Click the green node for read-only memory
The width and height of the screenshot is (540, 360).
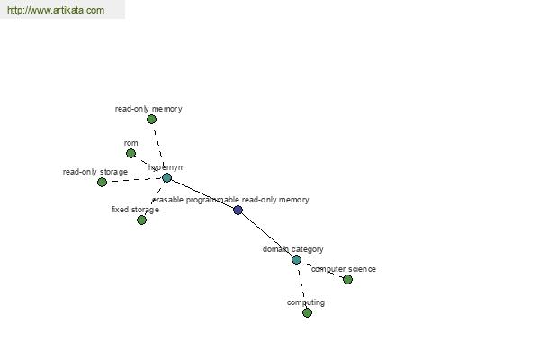151,119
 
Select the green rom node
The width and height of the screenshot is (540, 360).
130,153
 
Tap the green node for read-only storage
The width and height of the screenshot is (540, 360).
102,182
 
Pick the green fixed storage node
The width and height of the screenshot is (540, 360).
141,220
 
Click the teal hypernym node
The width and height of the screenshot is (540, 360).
167,178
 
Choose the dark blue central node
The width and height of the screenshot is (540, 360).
238,210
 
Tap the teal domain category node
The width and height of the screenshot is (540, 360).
296,259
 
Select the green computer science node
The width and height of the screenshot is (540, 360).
347,279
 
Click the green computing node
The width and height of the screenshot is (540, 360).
307,312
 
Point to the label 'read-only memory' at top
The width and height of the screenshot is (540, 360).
148,109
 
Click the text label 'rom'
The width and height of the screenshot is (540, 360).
130,143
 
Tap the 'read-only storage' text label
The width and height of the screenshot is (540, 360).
95,172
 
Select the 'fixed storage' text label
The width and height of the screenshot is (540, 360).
135,210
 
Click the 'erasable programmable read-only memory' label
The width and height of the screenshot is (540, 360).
230,200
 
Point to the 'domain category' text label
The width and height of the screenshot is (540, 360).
293,249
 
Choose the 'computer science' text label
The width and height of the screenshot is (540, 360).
344,269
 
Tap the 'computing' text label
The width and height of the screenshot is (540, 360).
306,302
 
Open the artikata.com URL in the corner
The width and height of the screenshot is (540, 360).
56,10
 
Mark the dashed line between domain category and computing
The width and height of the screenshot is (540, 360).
301,286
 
